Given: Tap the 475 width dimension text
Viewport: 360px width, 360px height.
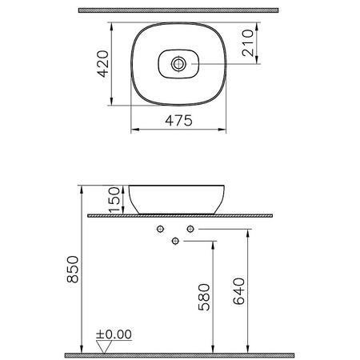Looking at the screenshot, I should [176, 122].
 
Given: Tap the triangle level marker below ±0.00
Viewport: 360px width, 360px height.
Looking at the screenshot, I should [102, 346].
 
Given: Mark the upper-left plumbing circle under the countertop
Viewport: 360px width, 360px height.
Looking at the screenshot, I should [161, 230].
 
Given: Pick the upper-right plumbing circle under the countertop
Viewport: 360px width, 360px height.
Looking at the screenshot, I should [190, 230].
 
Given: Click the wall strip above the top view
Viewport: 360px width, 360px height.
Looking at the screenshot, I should [177, 10].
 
